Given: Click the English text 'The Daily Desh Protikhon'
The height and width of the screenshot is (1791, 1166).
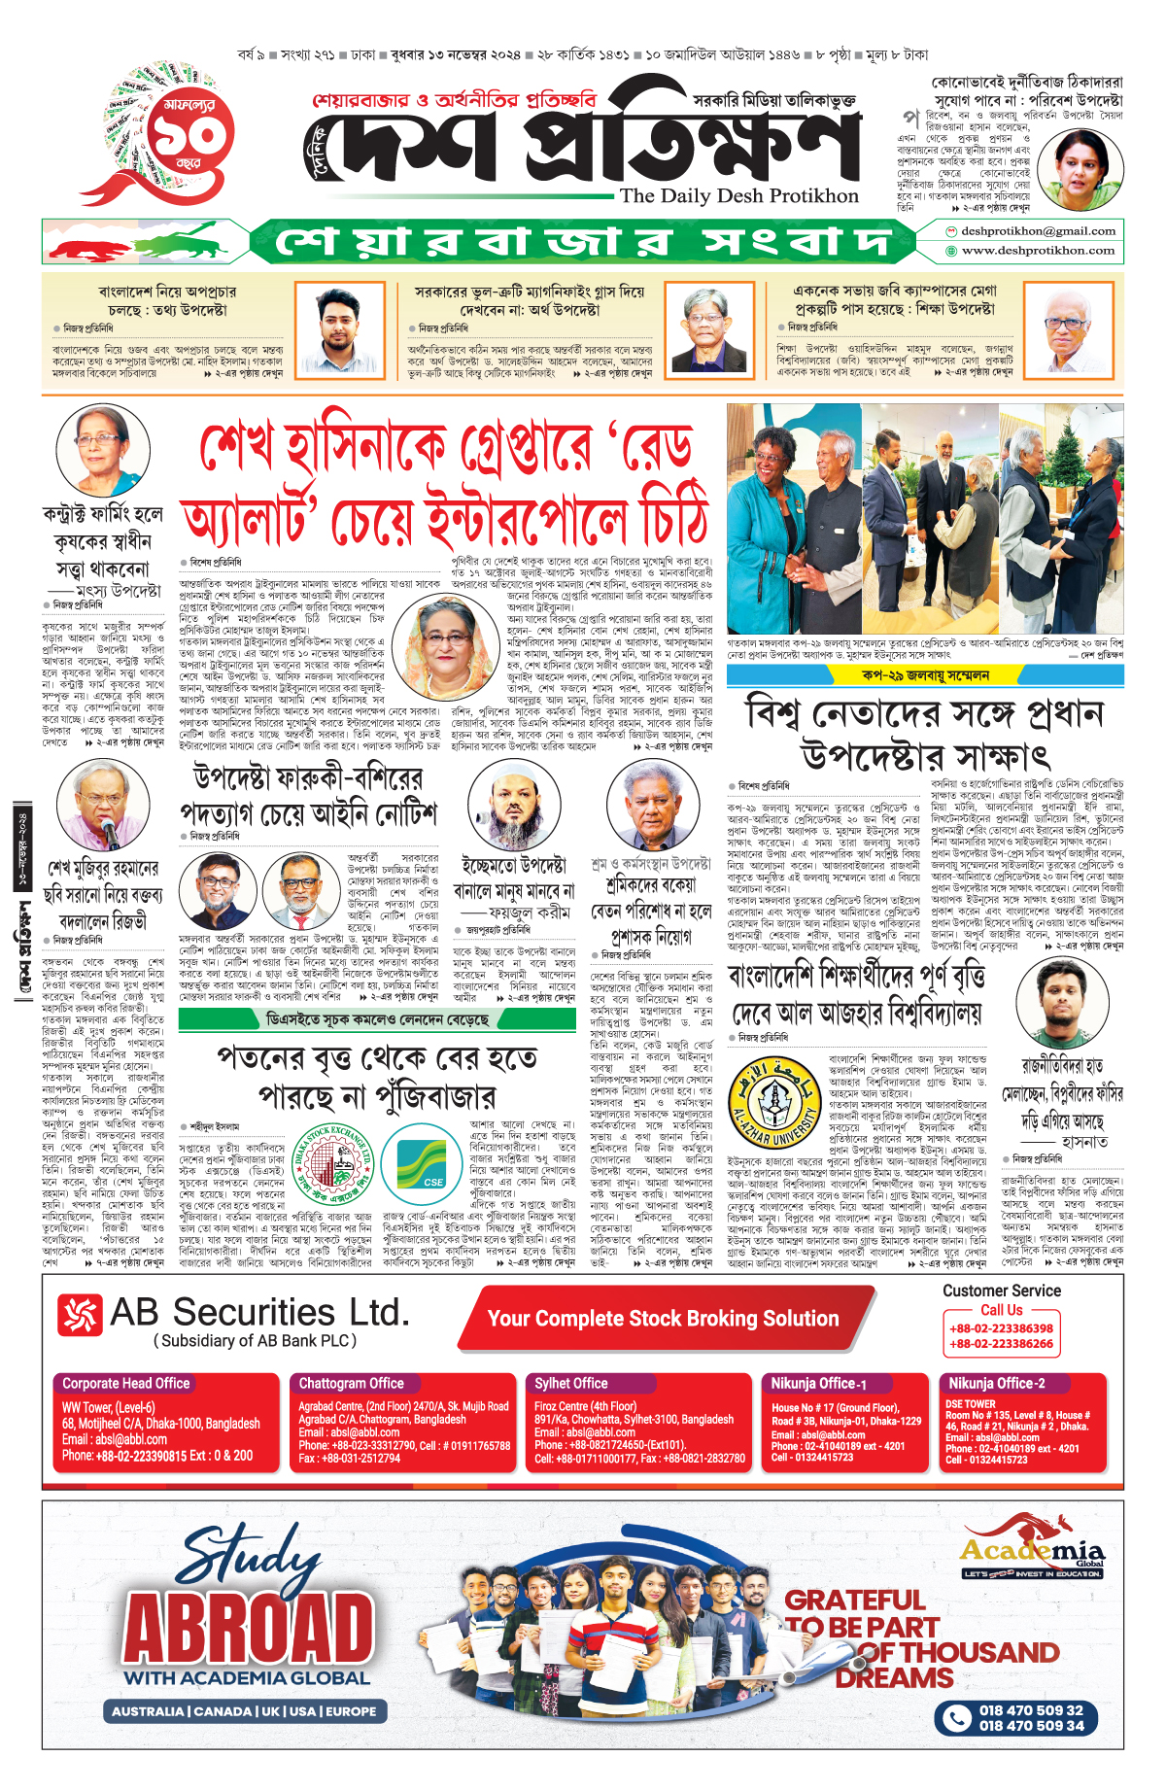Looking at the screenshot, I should (x=738, y=196).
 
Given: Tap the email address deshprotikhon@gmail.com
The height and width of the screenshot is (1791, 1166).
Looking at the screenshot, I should (x=1038, y=231).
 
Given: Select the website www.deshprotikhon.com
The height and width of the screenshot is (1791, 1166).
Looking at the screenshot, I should (x=1038, y=251).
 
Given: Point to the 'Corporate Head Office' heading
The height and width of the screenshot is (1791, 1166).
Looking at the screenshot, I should (x=126, y=1383).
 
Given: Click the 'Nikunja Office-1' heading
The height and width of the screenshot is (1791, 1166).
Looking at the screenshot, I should (x=818, y=1383).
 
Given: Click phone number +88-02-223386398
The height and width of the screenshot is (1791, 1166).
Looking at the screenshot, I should (x=1001, y=1328).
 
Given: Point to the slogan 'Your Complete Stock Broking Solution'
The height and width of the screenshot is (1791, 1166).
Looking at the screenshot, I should (x=663, y=1319).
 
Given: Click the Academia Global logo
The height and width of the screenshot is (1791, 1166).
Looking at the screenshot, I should (x=1032, y=1547).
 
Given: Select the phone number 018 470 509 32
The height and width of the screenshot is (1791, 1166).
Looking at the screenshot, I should (x=1030, y=1710).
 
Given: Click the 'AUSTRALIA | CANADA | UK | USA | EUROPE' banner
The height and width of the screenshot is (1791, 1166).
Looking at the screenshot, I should (x=244, y=1711).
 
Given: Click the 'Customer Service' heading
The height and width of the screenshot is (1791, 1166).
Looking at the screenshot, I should (x=1002, y=1291).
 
